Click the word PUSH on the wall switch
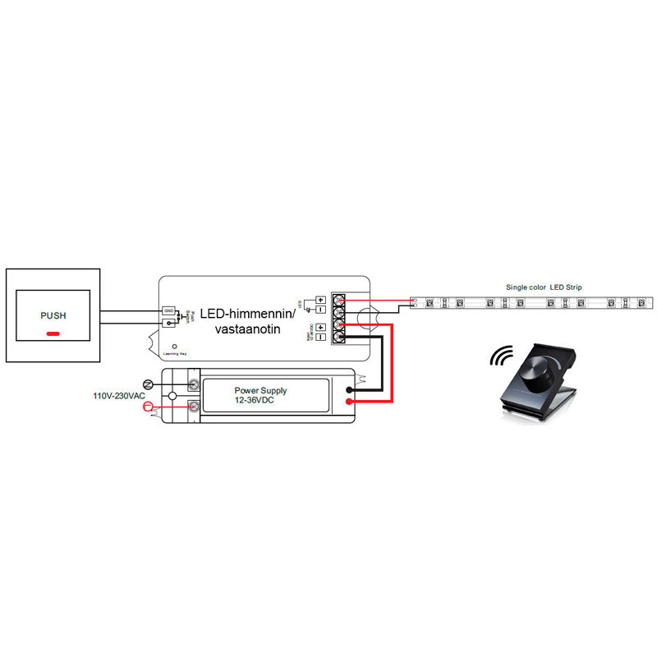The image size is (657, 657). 53,315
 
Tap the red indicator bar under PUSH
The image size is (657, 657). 53,334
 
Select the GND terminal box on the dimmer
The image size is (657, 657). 168,310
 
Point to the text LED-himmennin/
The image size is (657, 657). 241,314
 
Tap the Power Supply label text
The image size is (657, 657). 260,390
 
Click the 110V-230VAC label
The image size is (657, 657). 119,396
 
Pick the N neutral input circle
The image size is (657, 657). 149,384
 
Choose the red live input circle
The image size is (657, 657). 149,407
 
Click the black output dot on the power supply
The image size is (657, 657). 350,390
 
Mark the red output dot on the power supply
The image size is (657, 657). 350,402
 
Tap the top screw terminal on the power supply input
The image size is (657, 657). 195,384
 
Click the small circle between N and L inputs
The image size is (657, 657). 172,396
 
